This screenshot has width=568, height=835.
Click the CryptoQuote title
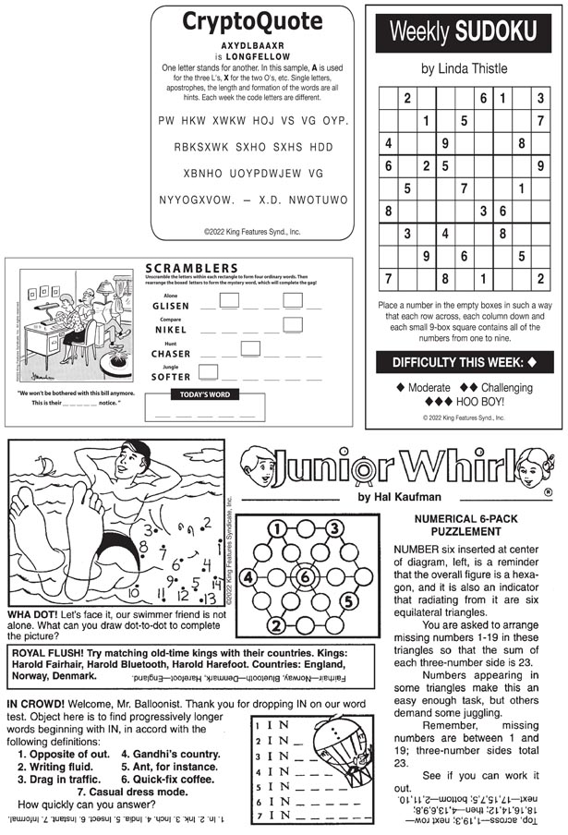[251, 21]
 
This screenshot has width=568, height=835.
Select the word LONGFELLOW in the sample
[252, 56]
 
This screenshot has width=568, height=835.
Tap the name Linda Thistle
[465, 68]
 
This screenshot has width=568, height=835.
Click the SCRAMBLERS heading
[192, 269]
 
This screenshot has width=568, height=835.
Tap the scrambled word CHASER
[171, 354]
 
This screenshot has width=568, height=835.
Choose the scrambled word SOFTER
[171, 377]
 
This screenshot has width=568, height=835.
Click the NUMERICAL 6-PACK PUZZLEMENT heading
[470, 525]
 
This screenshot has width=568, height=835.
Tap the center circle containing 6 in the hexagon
[305, 577]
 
